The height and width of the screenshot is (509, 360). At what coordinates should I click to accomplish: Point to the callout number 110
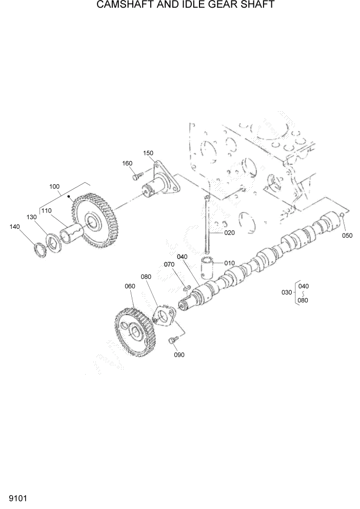click(47, 210)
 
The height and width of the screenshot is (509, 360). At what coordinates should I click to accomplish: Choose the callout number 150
click(148, 153)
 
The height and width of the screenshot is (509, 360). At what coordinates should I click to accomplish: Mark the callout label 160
click(127, 163)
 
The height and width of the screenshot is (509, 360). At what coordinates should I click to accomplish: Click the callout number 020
click(229, 232)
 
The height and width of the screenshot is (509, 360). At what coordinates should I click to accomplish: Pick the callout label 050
click(347, 236)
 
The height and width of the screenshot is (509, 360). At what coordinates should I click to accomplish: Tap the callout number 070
click(169, 264)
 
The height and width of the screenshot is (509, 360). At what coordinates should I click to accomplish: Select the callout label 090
click(179, 355)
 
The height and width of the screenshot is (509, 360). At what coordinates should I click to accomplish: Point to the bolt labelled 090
click(173, 339)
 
